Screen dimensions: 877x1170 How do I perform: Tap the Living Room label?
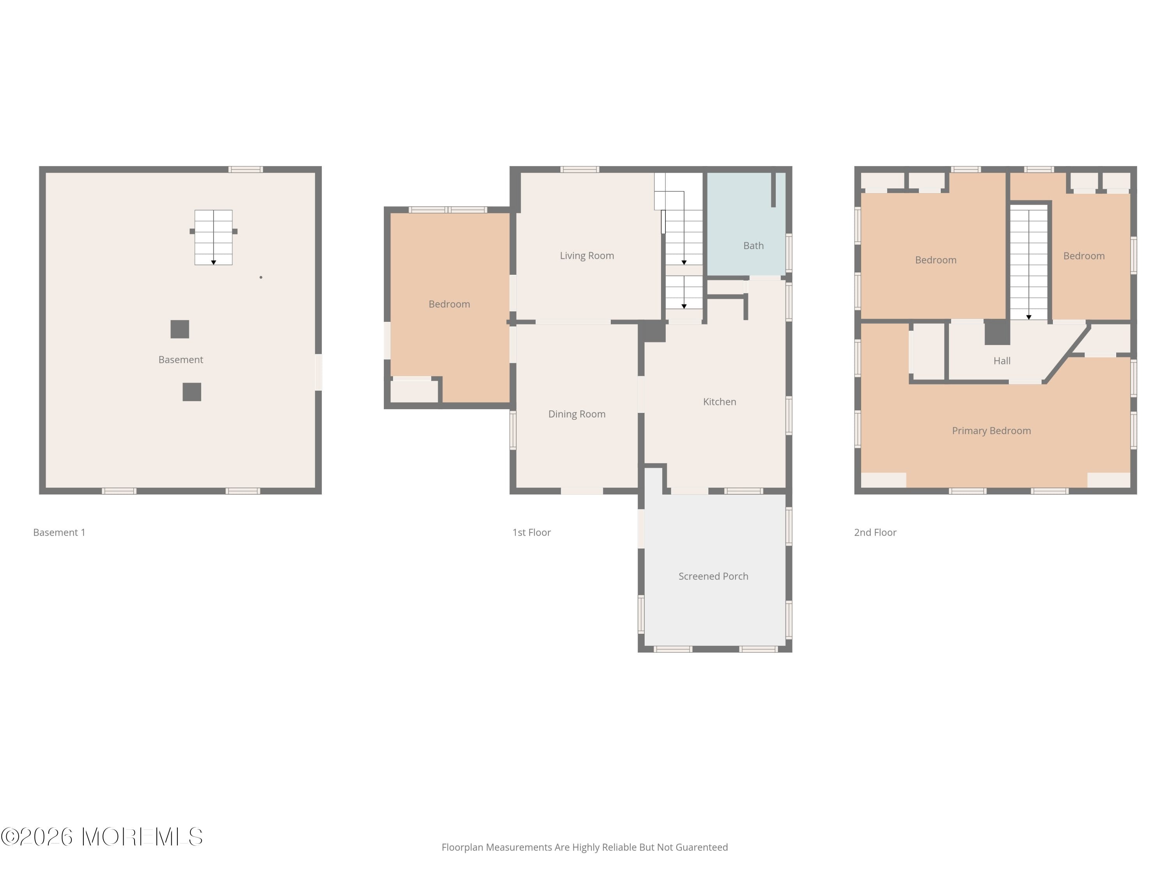point(587,256)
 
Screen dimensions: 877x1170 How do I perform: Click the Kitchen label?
point(719,402)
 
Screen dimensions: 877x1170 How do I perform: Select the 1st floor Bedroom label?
point(449,304)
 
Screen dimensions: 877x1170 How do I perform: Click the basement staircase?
point(213,237)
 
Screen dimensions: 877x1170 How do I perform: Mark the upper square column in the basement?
point(180,329)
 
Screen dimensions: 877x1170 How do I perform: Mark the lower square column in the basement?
point(191,392)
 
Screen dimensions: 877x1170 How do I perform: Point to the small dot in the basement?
point(261,277)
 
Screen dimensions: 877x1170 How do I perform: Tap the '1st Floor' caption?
point(531,532)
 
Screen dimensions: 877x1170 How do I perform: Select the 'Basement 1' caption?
point(59,532)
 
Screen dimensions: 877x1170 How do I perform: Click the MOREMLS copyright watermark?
point(101,837)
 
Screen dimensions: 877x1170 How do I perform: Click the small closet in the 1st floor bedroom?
point(414,392)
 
